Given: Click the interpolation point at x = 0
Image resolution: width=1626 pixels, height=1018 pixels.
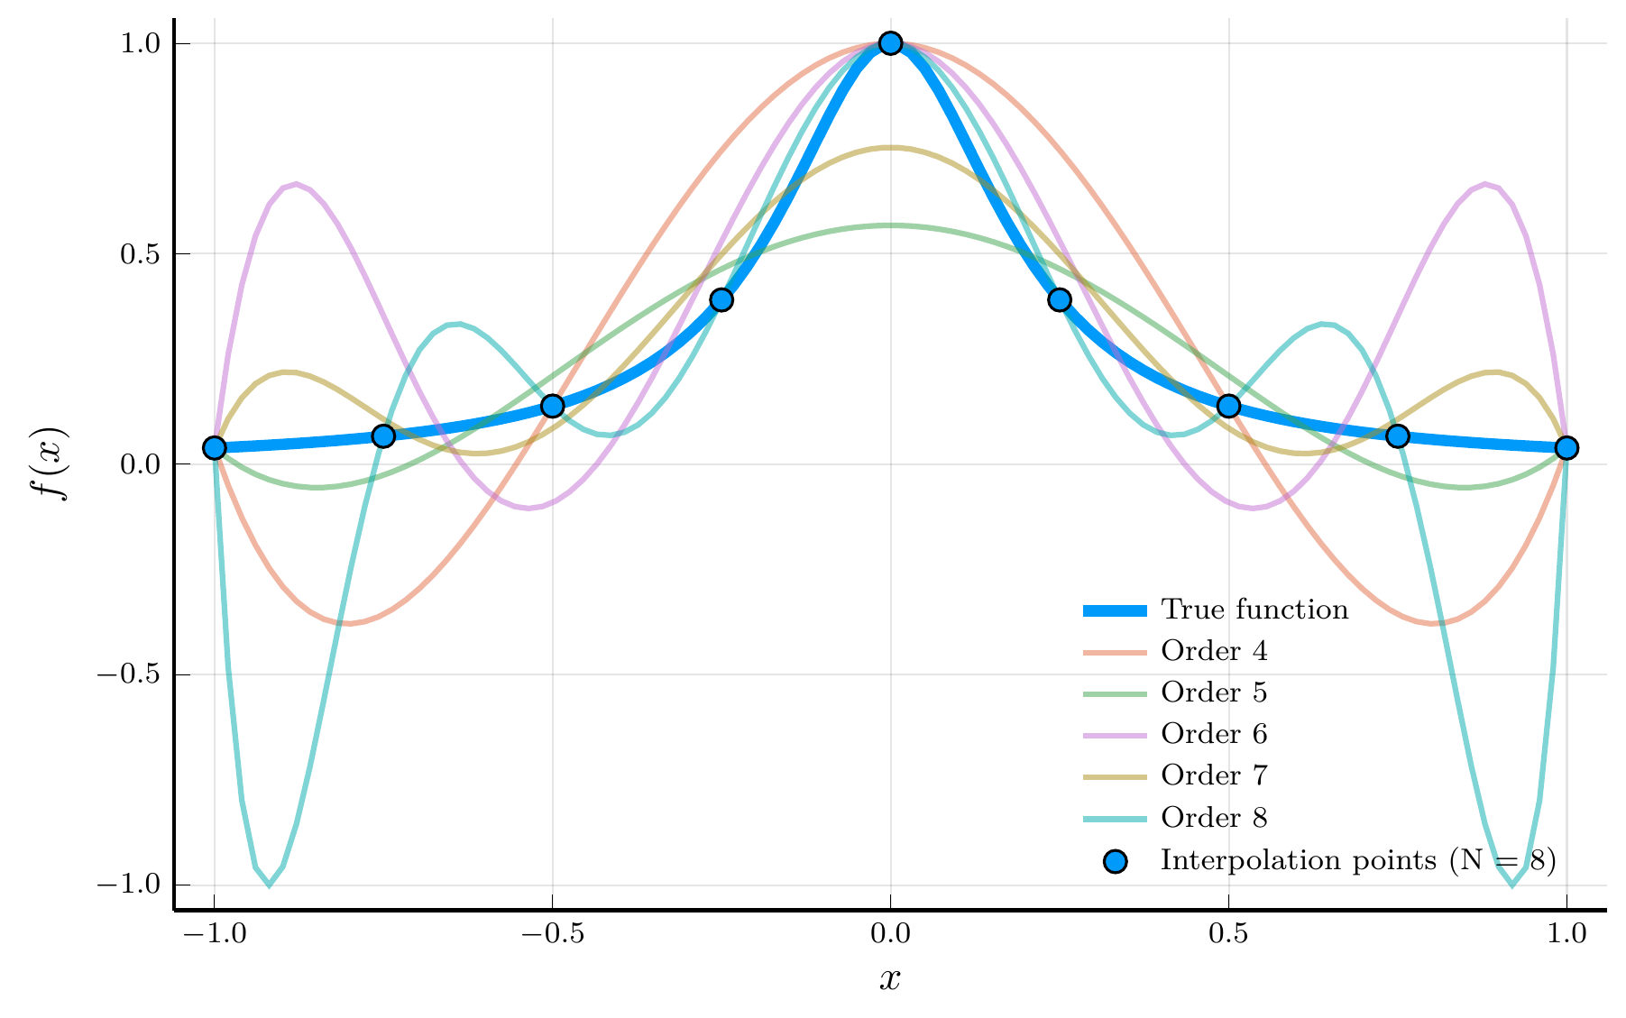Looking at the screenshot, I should click(x=890, y=43).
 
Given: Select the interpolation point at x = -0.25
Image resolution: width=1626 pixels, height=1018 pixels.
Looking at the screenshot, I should click(x=721, y=299).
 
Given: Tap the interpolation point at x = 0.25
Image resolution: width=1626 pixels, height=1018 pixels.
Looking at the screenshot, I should click(x=1060, y=299).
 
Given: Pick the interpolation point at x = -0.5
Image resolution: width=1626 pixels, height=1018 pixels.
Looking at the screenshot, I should click(x=552, y=406).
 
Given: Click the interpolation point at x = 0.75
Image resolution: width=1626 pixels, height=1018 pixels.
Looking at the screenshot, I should click(x=1398, y=436).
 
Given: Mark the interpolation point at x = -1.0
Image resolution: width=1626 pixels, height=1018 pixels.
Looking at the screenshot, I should click(x=214, y=448).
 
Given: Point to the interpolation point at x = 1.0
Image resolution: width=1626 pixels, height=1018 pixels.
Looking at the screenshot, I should click(x=1566, y=448).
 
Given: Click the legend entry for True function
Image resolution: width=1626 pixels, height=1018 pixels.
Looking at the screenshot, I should click(x=1254, y=610).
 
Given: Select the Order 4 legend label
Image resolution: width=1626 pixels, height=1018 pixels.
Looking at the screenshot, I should click(x=1214, y=651).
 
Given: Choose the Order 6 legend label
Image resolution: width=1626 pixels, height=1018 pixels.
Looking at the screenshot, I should click(x=1214, y=734).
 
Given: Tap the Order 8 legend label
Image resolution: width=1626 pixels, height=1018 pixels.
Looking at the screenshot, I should click(x=1214, y=818).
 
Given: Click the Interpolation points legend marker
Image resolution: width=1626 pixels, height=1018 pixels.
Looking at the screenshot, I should click(x=1116, y=861).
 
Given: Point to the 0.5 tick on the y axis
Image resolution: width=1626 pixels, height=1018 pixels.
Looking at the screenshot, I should click(x=140, y=254).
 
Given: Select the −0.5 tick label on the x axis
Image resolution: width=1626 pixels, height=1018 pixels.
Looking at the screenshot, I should click(x=552, y=934).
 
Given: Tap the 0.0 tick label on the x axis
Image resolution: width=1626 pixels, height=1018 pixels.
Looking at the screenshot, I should click(x=890, y=934).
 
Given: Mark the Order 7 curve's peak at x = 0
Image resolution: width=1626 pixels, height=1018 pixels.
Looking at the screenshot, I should click(x=890, y=148).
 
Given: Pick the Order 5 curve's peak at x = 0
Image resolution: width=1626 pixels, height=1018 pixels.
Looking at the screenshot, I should click(x=890, y=225).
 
